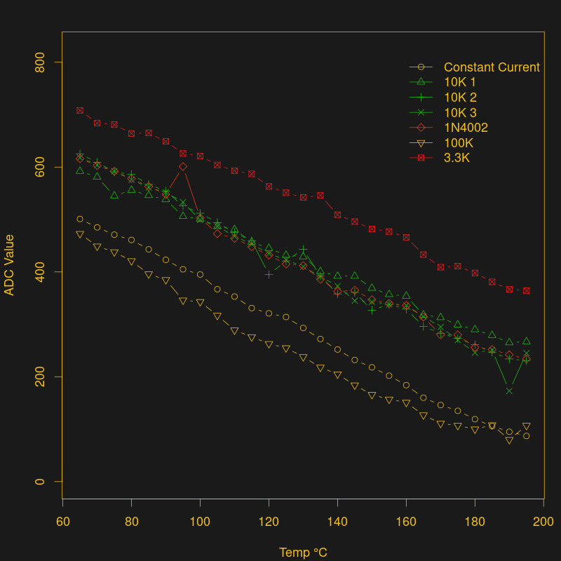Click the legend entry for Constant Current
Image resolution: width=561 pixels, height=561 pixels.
[492, 67]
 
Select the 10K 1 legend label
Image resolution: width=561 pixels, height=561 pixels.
[459, 83]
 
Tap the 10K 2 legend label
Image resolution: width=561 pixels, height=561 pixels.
[459, 97]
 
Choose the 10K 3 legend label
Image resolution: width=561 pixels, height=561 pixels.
[459, 113]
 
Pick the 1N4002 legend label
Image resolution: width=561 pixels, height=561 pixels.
[466, 128]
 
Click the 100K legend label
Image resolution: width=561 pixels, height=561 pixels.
[459, 143]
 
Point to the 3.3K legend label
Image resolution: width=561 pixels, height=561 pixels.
[457, 158]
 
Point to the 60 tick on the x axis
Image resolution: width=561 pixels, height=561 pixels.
[62, 522]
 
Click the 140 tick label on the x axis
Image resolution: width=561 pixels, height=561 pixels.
[337, 522]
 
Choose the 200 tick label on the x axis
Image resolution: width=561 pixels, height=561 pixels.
[543, 522]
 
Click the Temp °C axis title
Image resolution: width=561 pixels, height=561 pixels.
[303, 553]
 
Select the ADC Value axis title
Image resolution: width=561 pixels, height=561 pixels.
[10, 265]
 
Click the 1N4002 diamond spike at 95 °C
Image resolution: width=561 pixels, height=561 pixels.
[183, 166]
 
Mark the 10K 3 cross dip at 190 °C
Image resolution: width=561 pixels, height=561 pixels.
[509, 391]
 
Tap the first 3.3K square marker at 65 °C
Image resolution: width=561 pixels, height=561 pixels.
[80, 110]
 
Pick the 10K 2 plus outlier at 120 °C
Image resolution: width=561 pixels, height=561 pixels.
[269, 274]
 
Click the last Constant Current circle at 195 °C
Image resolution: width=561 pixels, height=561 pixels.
[526, 436]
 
